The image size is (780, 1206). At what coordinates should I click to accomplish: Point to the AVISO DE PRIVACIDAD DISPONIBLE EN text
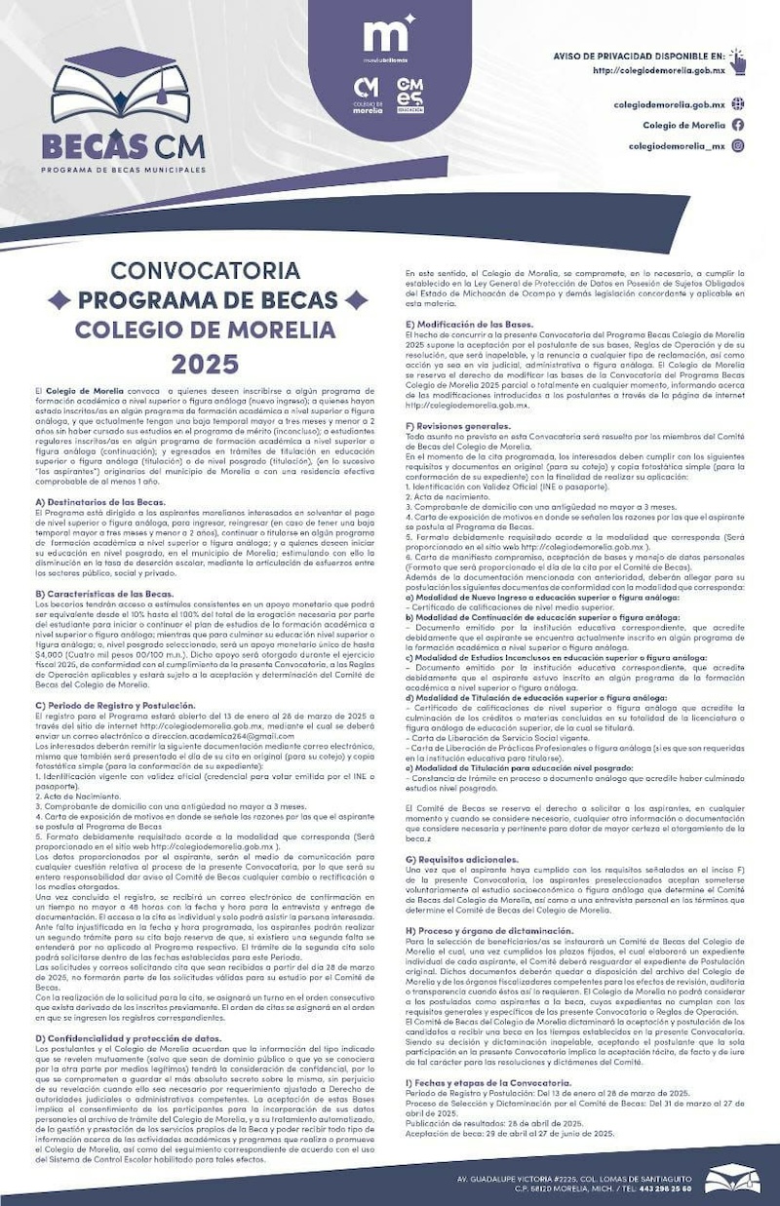point(639,58)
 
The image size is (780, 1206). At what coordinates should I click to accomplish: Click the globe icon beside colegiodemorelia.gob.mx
point(738,104)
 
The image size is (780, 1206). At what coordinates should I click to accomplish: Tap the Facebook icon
point(738,125)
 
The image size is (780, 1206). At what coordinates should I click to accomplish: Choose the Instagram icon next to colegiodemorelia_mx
point(738,145)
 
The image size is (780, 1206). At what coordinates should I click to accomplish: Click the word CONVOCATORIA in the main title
point(205,269)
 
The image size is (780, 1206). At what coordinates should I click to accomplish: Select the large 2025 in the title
point(205,364)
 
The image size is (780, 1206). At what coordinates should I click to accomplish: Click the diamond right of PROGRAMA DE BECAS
point(357,299)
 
